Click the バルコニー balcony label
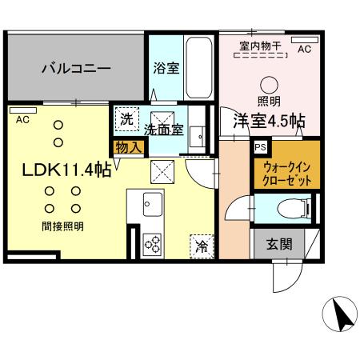[76, 69]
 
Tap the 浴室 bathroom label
[166, 69]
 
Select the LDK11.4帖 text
[66, 169]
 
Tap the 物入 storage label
[128, 146]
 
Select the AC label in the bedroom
[304, 49]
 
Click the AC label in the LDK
[22, 121]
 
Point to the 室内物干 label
[260, 46]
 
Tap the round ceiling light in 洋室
[269, 83]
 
